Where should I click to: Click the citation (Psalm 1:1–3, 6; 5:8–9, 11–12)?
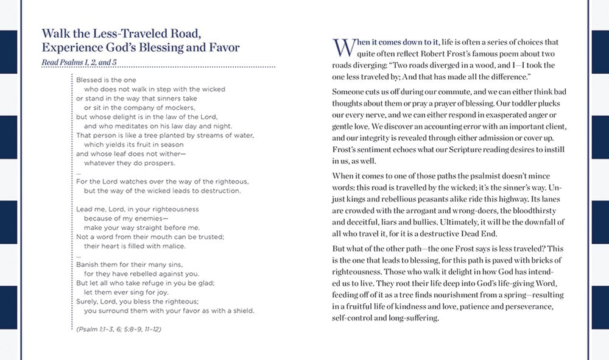tap(121, 329)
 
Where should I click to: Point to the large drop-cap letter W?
tap(342, 48)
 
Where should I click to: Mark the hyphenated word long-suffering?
tap(409, 317)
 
